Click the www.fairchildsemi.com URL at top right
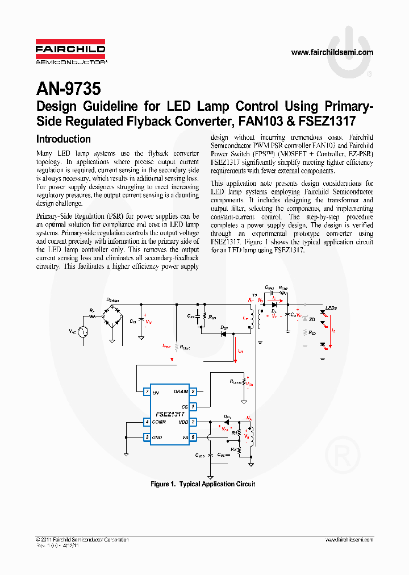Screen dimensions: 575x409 (x=332, y=52)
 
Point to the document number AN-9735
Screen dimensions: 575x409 (x=68, y=89)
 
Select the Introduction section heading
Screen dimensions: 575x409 (x=63, y=139)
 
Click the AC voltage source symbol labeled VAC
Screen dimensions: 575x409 (x=81, y=331)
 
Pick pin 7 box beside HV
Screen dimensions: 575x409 (x=147, y=391)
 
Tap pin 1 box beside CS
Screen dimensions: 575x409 (x=193, y=406)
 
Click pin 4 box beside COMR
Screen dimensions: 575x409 (x=147, y=422)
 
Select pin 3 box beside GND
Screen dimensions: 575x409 (x=147, y=437)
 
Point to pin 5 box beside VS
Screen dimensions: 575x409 (x=193, y=437)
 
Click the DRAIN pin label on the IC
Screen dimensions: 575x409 (x=181, y=391)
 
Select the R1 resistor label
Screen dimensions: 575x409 (x=233, y=434)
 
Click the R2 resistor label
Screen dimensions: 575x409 (x=233, y=449)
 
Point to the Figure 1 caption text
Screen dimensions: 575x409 (x=203, y=484)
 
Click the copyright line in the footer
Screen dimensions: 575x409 (x=82, y=539)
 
